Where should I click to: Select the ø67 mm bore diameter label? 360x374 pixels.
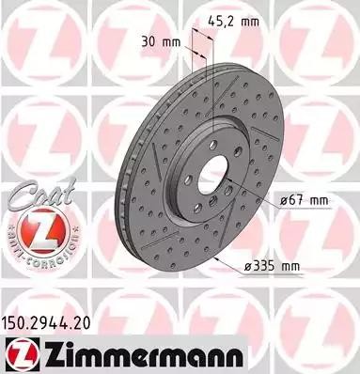tap(304, 200)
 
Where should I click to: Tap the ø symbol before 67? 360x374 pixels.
tap(283, 200)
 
